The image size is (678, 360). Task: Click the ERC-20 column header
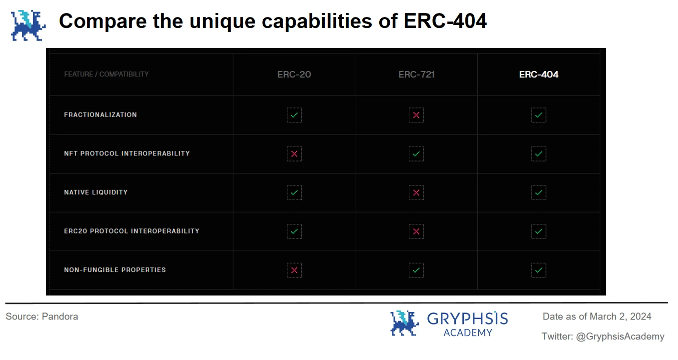294,74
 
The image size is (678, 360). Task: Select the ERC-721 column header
416,74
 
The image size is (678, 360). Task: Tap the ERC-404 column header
538,74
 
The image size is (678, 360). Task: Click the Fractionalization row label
101,115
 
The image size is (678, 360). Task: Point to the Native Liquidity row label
96,192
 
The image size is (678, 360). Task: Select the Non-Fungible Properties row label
115,270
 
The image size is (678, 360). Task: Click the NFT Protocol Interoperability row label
127,153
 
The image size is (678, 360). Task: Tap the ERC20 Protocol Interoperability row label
132,231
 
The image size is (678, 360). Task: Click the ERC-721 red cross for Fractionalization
416,115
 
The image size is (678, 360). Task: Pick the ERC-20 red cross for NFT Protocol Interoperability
294,154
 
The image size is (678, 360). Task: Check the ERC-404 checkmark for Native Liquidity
538,192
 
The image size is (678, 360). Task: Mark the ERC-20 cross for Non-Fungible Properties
294,270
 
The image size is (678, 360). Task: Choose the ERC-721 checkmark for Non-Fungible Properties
416,270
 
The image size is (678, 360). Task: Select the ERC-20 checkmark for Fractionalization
294,115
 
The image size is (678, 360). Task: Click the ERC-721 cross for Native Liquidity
416,192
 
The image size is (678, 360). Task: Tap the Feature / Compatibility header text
107,74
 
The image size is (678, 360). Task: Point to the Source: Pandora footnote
42,316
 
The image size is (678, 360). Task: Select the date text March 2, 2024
620,316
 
